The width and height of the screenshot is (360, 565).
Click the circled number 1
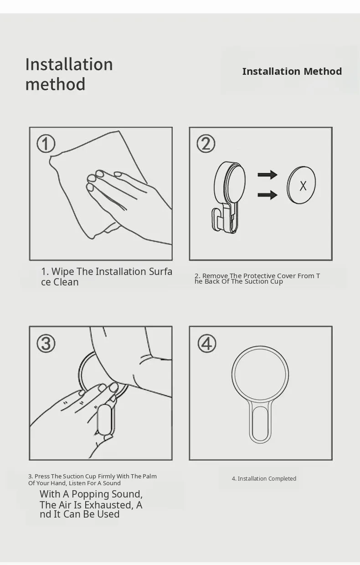pos(46,144)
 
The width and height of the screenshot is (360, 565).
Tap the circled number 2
pos(206,144)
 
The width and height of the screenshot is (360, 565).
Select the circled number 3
pos(46,343)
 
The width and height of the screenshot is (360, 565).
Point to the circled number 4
pos(207,343)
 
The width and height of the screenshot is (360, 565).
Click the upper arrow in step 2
pos(267,175)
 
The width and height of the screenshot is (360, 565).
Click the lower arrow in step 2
pos(267,195)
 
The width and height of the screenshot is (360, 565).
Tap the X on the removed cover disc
pos(303,186)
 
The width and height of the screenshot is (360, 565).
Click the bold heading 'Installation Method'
pos(292,72)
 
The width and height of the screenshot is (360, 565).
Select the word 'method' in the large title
pos(55,84)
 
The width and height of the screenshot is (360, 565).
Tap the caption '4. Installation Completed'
pos(264,478)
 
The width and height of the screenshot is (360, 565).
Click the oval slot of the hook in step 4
pos(260,423)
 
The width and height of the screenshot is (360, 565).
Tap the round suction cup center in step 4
pos(260,374)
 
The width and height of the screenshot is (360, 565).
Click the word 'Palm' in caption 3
pos(150,476)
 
